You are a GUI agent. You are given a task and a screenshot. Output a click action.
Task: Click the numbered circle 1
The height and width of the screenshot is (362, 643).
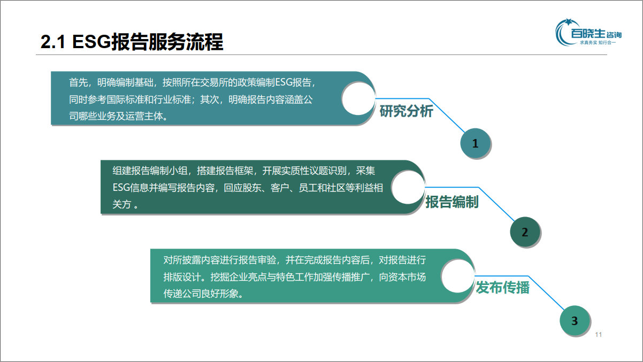point(476,143)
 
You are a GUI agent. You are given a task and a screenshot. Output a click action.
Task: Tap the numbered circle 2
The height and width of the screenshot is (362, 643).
point(525,232)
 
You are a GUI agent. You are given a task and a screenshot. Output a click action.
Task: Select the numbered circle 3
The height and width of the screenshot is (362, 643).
point(575,320)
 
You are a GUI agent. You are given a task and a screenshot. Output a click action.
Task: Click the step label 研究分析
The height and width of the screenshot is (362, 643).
point(406,111)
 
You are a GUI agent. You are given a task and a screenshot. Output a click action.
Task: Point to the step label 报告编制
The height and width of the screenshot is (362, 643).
point(452,202)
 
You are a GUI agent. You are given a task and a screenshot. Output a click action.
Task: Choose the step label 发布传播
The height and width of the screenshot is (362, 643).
point(502,288)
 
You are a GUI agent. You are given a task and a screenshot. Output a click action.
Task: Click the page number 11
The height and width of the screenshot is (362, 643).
point(599,335)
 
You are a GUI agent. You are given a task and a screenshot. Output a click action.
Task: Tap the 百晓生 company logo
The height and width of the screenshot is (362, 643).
point(588,33)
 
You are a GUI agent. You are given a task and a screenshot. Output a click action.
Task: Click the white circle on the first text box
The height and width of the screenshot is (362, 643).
point(358,98)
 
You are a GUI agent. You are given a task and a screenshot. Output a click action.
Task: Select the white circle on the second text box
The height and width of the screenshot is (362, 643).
point(408,187)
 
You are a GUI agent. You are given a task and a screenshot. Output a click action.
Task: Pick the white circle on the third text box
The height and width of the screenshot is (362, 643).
point(458,276)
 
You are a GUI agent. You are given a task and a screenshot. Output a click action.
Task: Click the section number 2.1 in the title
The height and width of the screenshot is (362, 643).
point(53,42)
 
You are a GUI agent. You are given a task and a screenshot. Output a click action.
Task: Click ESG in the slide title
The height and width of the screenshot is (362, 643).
point(91,42)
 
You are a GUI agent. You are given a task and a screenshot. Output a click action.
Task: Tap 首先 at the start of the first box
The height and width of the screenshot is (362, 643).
point(78,82)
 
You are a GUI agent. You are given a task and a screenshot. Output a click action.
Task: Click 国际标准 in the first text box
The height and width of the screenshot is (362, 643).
point(125,99)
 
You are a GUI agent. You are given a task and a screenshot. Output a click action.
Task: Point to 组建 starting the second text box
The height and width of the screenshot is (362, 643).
point(122,171)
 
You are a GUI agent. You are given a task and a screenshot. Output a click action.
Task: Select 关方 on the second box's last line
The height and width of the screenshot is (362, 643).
point(122,204)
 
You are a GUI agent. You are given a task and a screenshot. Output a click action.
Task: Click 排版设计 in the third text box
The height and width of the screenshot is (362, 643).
point(182,277)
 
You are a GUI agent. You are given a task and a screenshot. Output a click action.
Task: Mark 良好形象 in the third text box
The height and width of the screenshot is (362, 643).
point(220,294)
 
